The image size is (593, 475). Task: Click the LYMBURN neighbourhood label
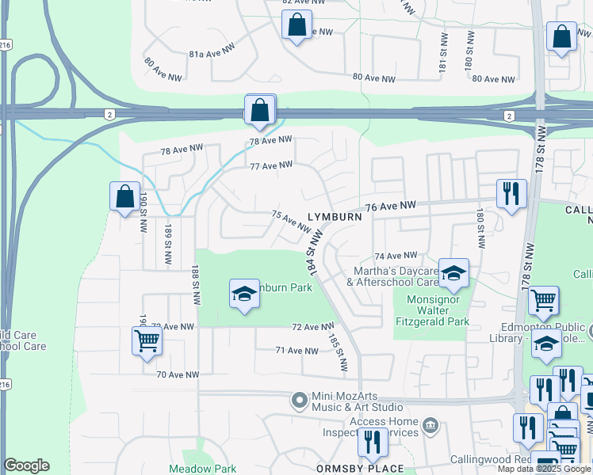(x=335, y=216)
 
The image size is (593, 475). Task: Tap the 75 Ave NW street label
(x=291, y=221)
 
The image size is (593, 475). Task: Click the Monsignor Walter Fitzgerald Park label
(x=438, y=310)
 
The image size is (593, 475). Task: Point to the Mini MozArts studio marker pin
(x=299, y=401)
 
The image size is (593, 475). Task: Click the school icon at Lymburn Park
(x=244, y=294)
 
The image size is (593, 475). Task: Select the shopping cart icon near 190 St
(x=147, y=341)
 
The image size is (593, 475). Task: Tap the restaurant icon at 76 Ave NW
(x=511, y=192)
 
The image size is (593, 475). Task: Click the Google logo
(x=26, y=465)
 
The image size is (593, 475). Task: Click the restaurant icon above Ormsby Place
(x=371, y=442)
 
